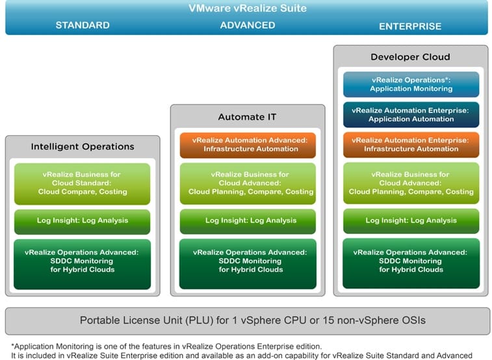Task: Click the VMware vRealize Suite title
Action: click(x=248, y=8)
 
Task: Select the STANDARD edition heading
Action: click(x=83, y=25)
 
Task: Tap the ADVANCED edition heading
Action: click(x=248, y=25)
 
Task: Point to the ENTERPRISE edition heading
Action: click(x=410, y=27)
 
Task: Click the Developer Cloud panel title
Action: click(x=410, y=57)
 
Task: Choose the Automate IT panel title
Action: click(x=247, y=117)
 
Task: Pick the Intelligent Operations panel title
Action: click(x=83, y=146)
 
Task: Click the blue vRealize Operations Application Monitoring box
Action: click(x=411, y=84)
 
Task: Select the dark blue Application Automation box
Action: click(x=411, y=115)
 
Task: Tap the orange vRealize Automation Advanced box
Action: click(x=248, y=145)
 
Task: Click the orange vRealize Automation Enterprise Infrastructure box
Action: click(x=411, y=144)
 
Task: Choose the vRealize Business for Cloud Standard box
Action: click(x=82, y=184)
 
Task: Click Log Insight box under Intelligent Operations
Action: click(x=82, y=222)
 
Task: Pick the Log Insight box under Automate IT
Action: click(x=248, y=222)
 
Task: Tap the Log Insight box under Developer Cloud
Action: click(x=411, y=221)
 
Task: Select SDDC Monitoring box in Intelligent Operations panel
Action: click(x=82, y=264)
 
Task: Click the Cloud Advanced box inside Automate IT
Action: click(x=248, y=183)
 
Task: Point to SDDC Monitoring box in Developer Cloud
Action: click(x=411, y=263)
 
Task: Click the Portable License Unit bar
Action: click(x=248, y=321)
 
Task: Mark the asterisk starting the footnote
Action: click(x=12, y=346)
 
